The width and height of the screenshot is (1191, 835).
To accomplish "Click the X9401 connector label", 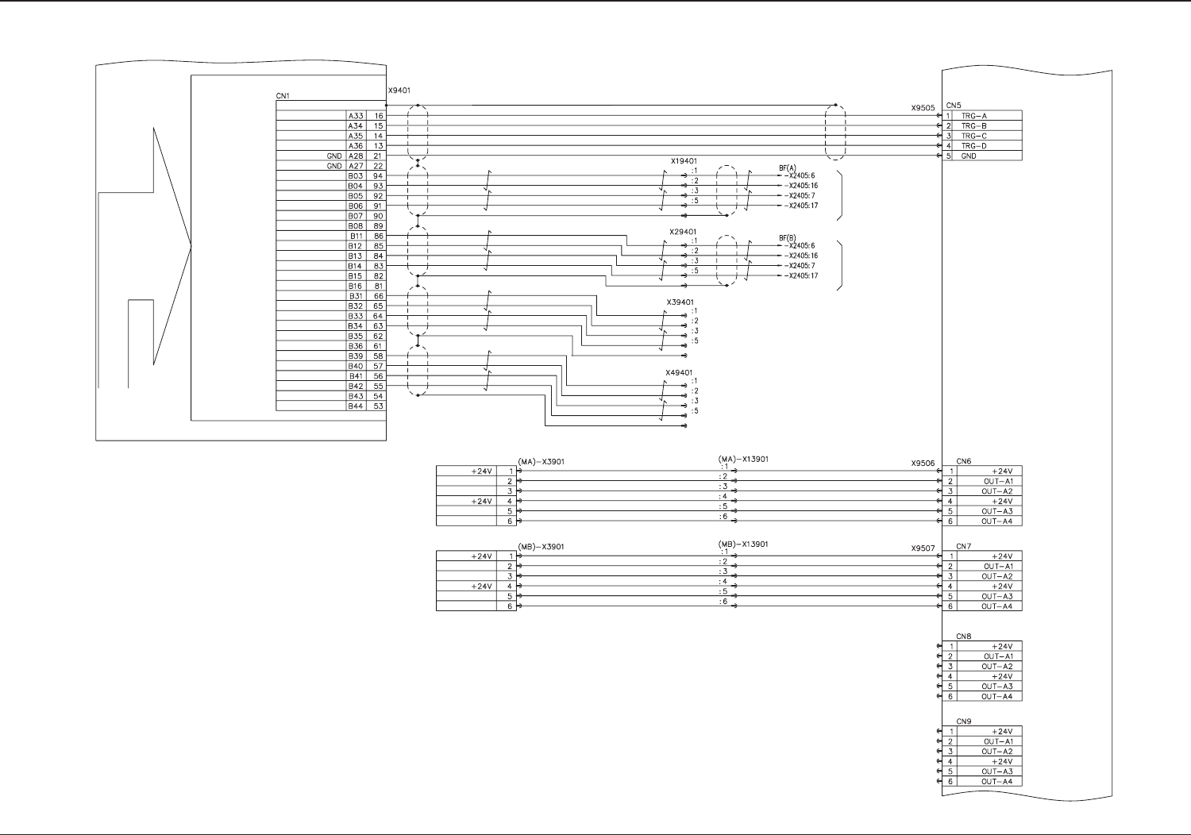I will click(x=399, y=91).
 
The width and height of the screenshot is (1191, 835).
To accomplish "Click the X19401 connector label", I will click(x=683, y=161).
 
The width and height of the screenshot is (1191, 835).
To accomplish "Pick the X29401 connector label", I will click(x=683, y=232).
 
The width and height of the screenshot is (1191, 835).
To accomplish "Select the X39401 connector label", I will click(x=680, y=302).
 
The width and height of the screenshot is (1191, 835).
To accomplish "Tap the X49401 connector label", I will click(x=679, y=372).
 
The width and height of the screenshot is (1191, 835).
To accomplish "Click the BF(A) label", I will click(x=787, y=168).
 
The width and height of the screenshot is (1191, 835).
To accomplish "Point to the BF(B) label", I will click(x=787, y=238).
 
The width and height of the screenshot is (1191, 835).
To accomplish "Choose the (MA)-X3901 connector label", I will click(x=541, y=462).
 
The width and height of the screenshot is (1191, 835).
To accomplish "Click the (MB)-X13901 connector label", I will click(x=742, y=544).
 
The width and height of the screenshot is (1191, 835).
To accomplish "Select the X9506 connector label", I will click(x=923, y=464).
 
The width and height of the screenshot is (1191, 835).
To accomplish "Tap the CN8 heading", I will click(x=963, y=637).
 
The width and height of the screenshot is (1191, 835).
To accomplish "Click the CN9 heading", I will click(x=963, y=721).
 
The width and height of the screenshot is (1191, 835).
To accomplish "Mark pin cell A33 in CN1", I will click(x=355, y=116).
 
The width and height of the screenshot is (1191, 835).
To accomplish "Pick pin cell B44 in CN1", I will click(x=355, y=406).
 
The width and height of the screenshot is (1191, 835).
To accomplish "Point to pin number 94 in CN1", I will click(x=378, y=176).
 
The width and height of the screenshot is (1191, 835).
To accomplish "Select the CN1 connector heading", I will click(x=283, y=96).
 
